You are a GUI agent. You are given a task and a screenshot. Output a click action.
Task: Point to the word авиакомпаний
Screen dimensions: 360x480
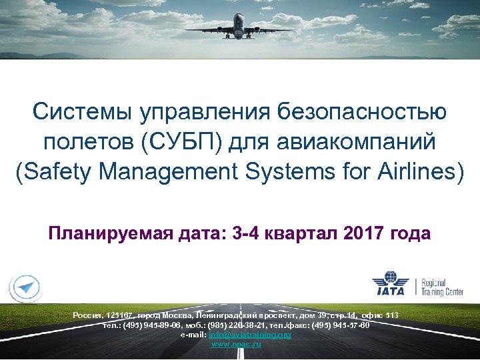pos(360,141)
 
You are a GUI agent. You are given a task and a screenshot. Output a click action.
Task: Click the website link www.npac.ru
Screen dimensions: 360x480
pos(236,343)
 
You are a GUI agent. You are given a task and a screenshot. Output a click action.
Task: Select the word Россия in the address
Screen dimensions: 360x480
pos(86,315)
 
